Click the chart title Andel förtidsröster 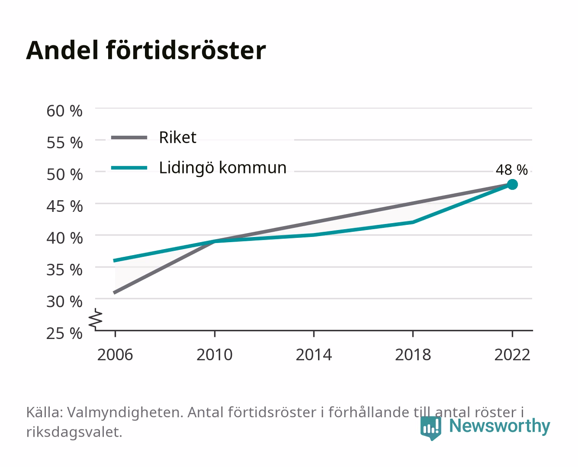[x=146, y=50]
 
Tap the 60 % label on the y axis [x=64, y=111]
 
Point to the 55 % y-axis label [x=64, y=143]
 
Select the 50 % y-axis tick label [x=64, y=174]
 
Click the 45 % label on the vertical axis [x=64, y=206]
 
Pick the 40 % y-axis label [x=64, y=238]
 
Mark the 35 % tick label [x=64, y=270]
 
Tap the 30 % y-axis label [x=64, y=301]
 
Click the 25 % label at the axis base [x=64, y=333]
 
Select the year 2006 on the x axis [x=115, y=355]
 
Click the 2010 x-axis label [x=215, y=355]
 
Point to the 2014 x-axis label [x=314, y=355]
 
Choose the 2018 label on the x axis [x=413, y=355]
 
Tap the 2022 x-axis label [x=512, y=355]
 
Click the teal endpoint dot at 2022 [x=512, y=185]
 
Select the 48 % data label [x=512, y=170]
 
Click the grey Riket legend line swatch [x=129, y=138]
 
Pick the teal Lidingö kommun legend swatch [x=129, y=168]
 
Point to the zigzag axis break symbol [x=96, y=319]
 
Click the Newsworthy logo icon [x=431, y=428]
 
